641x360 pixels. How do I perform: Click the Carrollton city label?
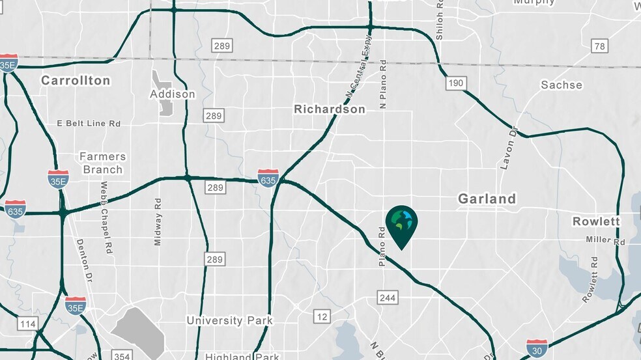click(76, 81)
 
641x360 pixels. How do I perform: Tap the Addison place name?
click(173, 94)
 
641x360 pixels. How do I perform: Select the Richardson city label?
click(330, 109)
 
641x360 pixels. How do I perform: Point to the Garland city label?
click(487, 199)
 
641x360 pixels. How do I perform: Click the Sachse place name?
click(562, 85)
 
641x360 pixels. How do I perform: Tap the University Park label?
click(229, 320)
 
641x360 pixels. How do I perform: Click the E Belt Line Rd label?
click(89, 123)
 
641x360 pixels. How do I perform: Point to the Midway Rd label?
click(157, 222)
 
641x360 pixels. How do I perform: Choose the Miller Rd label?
click(605, 241)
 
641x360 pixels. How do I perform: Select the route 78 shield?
click(599, 46)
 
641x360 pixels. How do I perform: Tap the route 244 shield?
click(385, 298)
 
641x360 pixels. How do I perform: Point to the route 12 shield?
click(322, 316)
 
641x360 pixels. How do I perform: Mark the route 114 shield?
click(28, 324)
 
